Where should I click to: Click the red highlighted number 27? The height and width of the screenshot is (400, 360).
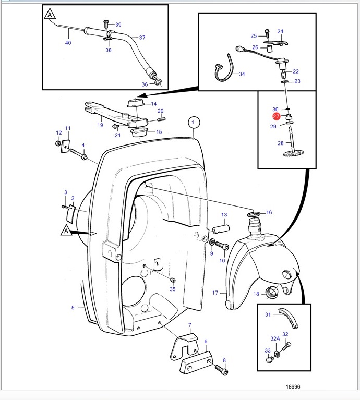(x=276, y=117)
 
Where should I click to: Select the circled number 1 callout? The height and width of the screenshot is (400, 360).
(x=193, y=123)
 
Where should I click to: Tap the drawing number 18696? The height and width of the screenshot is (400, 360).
(x=293, y=386)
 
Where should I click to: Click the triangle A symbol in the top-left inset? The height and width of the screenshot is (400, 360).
(x=50, y=14)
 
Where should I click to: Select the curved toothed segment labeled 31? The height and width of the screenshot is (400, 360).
(x=288, y=318)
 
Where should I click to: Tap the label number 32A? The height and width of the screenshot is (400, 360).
(x=275, y=338)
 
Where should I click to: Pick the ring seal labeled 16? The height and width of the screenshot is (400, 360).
(x=254, y=213)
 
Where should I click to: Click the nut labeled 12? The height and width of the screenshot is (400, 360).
(x=58, y=143)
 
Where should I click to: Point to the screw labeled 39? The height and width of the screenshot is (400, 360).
(x=106, y=25)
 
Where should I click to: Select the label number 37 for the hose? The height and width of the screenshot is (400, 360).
(x=142, y=38)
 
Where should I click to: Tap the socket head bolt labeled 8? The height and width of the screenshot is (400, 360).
(x=222, y=370)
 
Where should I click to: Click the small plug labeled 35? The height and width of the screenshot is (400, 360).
(x=173, y=281)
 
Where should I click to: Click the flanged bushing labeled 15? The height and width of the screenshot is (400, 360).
(x=139, y=132)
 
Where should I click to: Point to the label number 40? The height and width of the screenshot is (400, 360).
(x=68, y=43)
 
